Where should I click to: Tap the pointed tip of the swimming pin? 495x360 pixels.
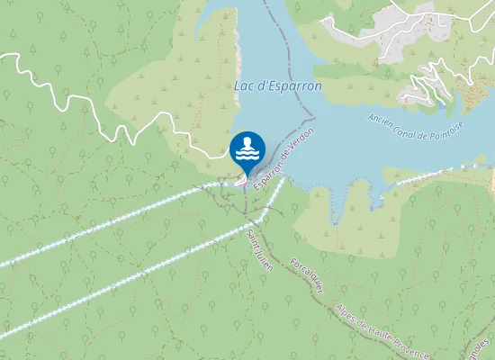click(x=247, y=177)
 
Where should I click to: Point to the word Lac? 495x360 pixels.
click(x=242, y=87)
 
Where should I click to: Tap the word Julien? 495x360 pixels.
click(x=265, y=266)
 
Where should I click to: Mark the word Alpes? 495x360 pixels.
click(x=339, y=312)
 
